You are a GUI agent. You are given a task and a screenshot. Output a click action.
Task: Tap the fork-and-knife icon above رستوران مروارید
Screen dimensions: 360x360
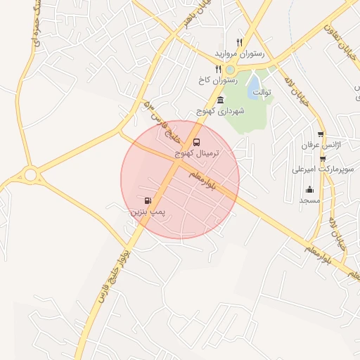[x=240, y=42]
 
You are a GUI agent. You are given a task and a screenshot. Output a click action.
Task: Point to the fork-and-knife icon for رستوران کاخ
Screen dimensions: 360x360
[x=219, y=69]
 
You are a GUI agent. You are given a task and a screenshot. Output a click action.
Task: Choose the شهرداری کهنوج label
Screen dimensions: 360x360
[x=221, y=112]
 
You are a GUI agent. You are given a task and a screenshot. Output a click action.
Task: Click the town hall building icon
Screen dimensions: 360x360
[x=221, y=100]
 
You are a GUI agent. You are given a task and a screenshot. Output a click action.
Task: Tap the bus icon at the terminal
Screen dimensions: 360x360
[x=195, y=141]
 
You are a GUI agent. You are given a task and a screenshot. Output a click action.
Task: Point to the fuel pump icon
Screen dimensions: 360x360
[x=147, y=200]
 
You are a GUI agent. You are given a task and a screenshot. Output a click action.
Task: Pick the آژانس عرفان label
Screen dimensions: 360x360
[x=316, y=145]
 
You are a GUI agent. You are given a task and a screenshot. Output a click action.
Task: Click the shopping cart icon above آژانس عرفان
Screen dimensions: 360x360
[x=321, y=134]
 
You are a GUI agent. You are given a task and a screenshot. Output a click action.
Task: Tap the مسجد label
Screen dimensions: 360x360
[x=309, y=200]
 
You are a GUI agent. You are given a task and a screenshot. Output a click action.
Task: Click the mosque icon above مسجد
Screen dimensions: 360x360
[x=309, y=189]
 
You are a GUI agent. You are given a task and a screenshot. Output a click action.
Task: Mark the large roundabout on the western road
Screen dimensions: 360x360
[x=30, y=174]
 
